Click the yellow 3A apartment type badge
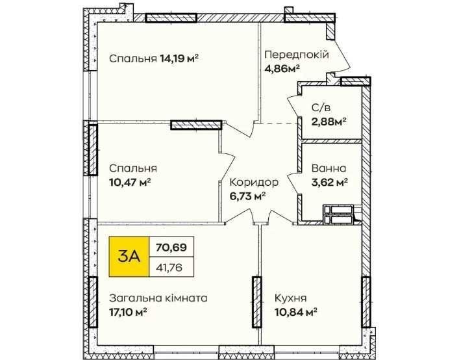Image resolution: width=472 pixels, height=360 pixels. point(129,257)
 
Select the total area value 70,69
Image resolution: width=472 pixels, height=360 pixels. point(171,248)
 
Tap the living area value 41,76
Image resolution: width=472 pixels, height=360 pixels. point(169,267)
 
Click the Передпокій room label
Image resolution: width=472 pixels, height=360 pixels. point(297,55)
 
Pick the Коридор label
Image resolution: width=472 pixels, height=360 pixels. point(254,182)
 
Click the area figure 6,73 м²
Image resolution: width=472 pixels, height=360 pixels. point(247,196)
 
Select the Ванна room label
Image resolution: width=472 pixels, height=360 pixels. point(329,168)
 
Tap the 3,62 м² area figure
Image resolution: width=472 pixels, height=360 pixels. point(330,182)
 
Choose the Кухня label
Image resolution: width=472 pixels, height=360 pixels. point(290,298)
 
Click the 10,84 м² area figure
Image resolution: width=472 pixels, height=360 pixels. point(295,312)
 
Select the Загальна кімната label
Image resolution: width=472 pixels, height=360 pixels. point(158,298)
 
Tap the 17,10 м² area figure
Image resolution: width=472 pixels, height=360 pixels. point(128,312)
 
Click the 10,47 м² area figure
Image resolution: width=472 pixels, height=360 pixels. point(130,182)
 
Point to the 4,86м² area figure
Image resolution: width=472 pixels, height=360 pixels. point(282,69)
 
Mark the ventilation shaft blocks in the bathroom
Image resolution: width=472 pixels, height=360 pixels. point(338,215)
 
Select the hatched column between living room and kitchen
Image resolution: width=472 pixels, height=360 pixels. point(256,302)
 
